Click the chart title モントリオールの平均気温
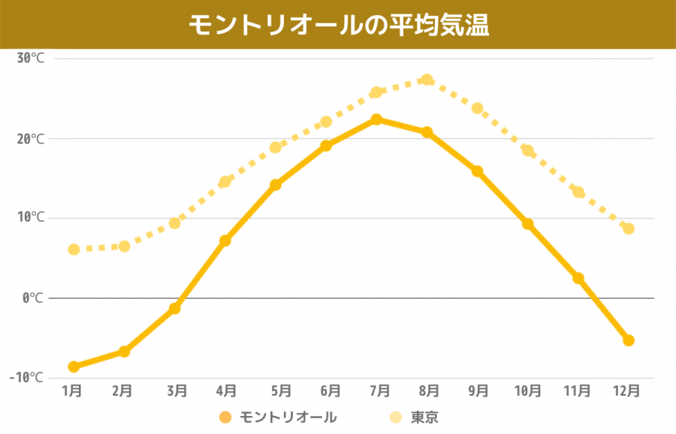pos(338,25)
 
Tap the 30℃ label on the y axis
pos(31,59)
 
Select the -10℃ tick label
pos(27,377)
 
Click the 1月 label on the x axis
pos(72,390)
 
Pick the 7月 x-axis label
pos(379,390)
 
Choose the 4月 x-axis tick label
pos(225,390)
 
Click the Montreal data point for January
pos(74,366)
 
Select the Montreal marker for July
pos(377,119)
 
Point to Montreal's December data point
pos(629,340)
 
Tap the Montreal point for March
pos(175,308)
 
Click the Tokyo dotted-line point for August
pos(427,80)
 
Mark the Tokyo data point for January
pos(74,249)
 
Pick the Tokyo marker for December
pos(629,228)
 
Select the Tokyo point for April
pos(225,182)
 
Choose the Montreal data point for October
pos(528,224)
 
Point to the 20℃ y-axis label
pos(31,138)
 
